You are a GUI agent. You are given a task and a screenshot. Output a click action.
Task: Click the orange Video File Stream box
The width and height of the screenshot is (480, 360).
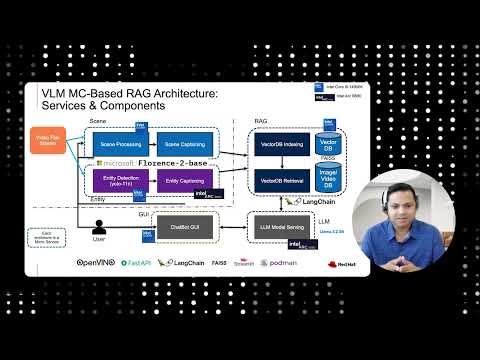pos(47,141)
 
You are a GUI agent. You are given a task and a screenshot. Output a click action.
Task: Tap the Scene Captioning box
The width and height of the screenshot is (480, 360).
pos(185,144)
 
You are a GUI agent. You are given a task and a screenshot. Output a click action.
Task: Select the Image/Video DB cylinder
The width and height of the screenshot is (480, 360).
pos(328,180)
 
